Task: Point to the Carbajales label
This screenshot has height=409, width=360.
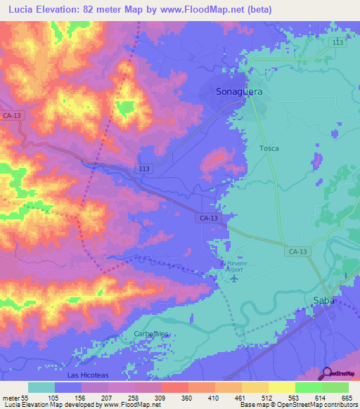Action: point(153,334)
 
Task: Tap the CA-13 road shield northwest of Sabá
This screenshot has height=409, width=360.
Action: point(297,251)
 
